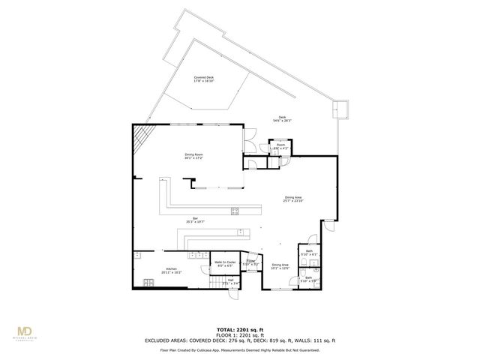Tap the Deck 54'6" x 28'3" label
pyautogui.click(x=283, y=118)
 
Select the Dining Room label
pyautogui.click(x=194, y=157)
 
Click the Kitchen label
pyautogui.click(x=171, y=271)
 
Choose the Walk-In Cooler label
pyautogui.click(x=226, y=263)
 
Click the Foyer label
pyautogui.click(x=251, y=262)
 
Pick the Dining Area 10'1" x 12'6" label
pyautogui.click(x=280, y=265)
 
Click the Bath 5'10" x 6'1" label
pyautogui.click(x=308, y=254)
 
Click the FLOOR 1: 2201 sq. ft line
pyautogui.click(x=239, y=334)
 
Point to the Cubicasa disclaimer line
pyautogui.click(x=239, y=349)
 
